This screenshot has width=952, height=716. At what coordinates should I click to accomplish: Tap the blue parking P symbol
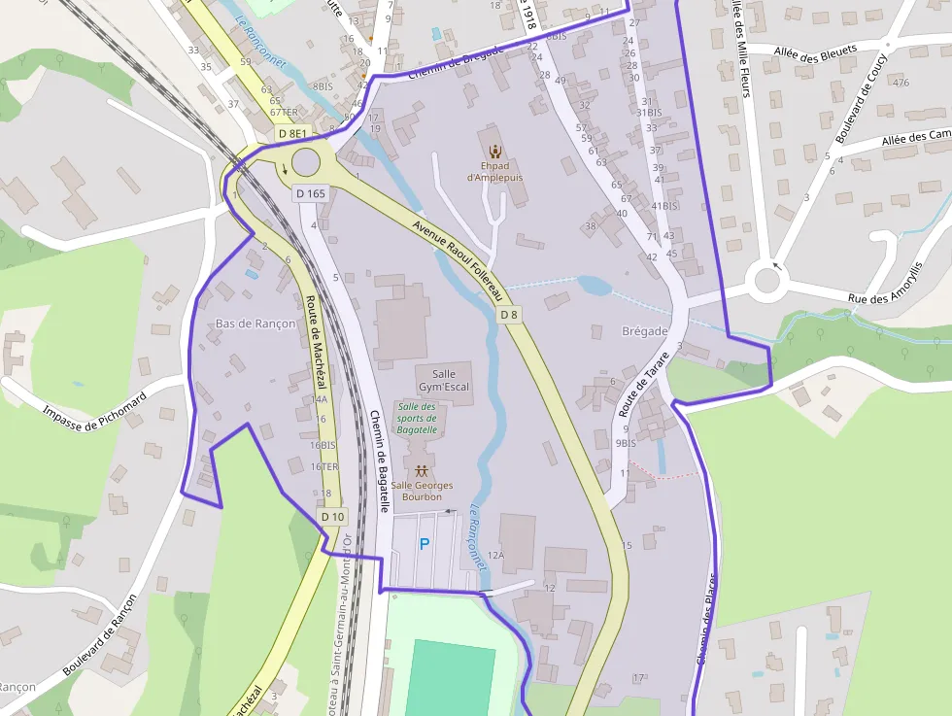coord(424,544)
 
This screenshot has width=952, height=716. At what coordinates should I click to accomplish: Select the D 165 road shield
coord(310,193)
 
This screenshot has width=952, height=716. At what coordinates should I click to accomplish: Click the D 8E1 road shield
coord(291,133)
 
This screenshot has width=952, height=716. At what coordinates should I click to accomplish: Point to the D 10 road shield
coord(332,516)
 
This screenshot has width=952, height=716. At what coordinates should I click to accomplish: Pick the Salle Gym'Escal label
coord(444,380)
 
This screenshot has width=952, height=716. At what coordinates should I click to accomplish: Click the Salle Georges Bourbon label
coord(423,491)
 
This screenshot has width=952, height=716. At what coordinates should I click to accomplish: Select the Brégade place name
coord(644,331)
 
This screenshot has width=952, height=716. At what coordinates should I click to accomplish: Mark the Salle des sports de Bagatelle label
coord(418,417)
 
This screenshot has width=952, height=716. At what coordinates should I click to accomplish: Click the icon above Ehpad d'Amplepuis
coord(495,151)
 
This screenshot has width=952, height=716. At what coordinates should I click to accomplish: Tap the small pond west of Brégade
coord(594,286)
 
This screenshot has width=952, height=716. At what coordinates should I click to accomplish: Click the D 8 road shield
coord(509,315)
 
